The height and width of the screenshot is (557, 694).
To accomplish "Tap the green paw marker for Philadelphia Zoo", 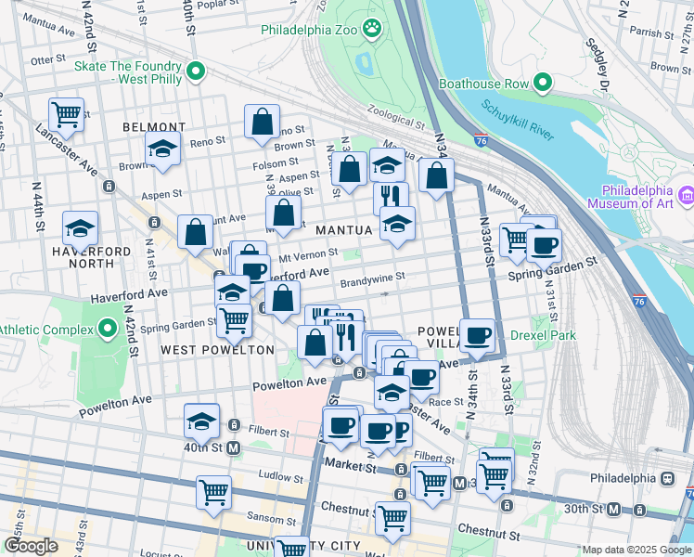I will pos(372,29).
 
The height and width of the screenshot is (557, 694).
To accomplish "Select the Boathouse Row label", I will pos(490,84).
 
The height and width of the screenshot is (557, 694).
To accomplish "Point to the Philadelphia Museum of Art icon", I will pos(686,195).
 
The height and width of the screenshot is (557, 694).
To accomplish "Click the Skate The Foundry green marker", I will pos(195,71).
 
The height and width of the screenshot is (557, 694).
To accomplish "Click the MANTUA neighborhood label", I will pos(343,229).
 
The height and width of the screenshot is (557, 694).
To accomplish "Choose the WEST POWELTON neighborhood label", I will pos(217,350).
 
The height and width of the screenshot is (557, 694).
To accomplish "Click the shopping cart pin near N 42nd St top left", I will pos(66,114).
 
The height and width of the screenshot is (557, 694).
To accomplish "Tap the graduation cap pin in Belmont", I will pos(162,149).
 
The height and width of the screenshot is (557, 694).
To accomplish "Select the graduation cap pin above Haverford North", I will pos(81,227).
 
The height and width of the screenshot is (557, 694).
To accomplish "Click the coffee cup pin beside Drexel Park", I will pos(478,336).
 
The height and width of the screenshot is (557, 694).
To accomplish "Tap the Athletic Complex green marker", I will pos(108,330).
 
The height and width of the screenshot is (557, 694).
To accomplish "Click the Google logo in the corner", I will pos(31,546).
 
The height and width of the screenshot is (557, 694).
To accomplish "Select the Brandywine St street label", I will pos(372,277).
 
